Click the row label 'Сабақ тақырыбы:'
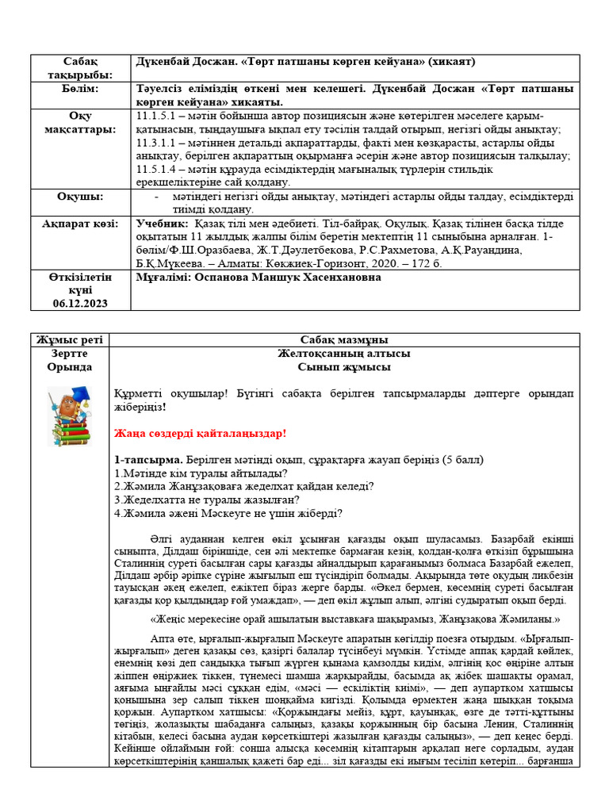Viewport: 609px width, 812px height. point(79,68)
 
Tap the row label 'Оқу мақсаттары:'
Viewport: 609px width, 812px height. point(79,122)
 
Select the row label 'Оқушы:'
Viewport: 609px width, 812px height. point(79,196)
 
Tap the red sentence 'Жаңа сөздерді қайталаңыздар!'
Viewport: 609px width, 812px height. point(199,433)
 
